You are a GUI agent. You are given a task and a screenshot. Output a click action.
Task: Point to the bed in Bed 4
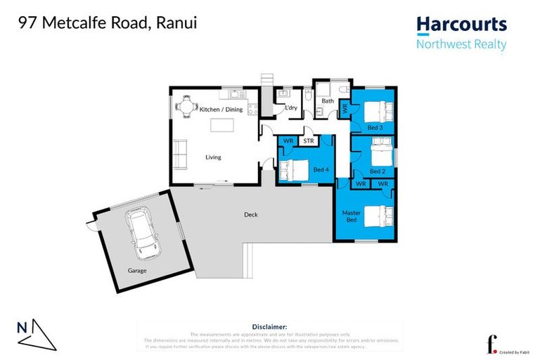[x=293, y=169]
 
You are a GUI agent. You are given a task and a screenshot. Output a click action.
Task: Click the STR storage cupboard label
[x=308, y=141]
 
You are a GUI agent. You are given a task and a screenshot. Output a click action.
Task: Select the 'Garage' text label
[x=137, y=270]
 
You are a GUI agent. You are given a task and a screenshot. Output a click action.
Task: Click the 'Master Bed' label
[x=352, y=217]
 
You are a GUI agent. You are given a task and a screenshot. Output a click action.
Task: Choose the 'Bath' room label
[x=328, y=101]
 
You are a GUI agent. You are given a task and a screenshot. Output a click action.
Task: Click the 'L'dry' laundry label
[x=289, y=108]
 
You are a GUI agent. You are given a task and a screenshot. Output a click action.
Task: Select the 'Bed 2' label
[x=377, y=171]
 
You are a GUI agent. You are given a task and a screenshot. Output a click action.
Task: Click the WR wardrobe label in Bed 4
[x=288, y=141]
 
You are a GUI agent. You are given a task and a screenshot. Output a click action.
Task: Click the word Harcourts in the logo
[x=461, y=25]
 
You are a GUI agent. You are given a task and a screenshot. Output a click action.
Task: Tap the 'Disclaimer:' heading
[x=269, y=327]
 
